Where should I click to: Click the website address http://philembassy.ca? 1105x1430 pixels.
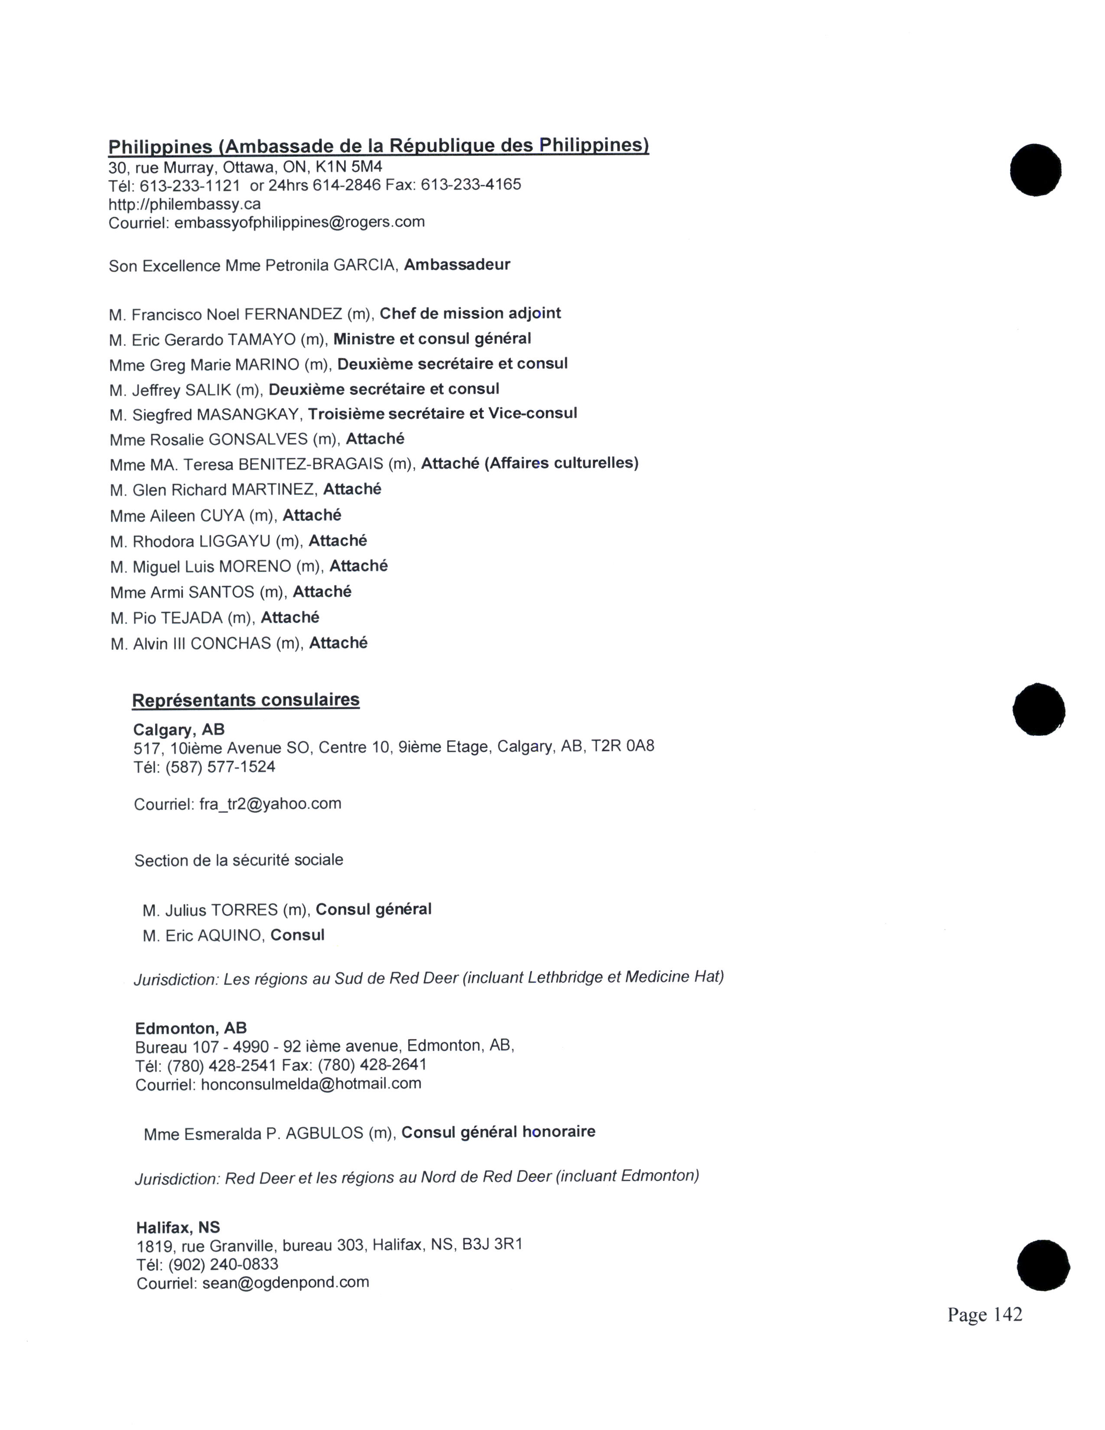(185, 204)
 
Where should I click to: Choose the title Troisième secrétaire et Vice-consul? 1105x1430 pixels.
(442, 414)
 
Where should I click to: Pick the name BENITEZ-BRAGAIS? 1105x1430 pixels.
(311, 464)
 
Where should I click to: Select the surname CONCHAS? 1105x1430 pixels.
(231, 643)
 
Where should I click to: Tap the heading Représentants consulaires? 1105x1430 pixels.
(245, 700)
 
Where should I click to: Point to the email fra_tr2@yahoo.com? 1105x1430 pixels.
(270, 803)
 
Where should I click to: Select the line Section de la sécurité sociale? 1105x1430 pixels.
(238, 860)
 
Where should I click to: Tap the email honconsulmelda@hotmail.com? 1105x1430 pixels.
(311, 1084)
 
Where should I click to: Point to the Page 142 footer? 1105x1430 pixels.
(985, 1314)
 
